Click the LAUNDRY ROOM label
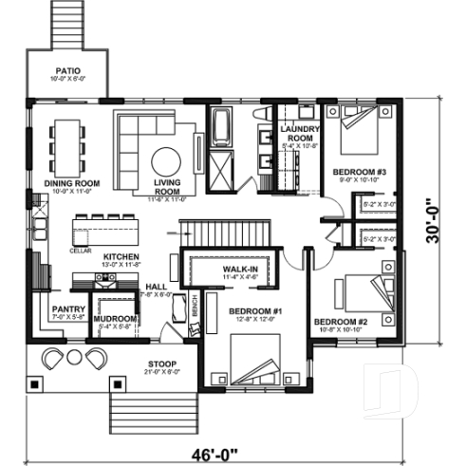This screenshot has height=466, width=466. coord(300,133)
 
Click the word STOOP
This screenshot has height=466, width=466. coord(159,364)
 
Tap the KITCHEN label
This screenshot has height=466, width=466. coord(123,257)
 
